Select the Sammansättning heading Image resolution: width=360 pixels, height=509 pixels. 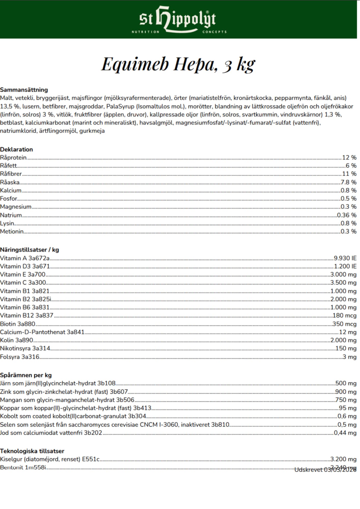click(24, 90)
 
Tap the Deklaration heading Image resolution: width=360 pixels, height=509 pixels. click(17, 149)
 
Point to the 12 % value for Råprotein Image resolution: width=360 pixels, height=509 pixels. click(349, 158)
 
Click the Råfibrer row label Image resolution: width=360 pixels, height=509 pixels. click(11, 174)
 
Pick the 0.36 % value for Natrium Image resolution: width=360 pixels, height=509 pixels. click(347, 215)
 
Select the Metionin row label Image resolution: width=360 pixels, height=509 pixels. click(12, 231)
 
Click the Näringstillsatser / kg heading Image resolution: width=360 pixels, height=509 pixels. click(30, 250)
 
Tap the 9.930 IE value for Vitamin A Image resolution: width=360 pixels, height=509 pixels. click(345, 258)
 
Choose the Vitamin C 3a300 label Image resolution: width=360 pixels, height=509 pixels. click(23, 282)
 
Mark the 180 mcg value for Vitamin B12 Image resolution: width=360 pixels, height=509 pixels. click(344, 315)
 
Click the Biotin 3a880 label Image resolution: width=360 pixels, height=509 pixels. click(18, 324)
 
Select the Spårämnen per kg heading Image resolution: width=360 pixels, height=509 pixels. click(26, 375)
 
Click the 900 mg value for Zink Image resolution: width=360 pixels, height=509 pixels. click(346, 392)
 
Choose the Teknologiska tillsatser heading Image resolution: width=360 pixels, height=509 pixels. click(32, 451)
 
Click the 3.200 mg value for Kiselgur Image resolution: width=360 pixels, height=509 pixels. click(343, 459)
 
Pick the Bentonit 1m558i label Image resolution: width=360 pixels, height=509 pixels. click(23, 468)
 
